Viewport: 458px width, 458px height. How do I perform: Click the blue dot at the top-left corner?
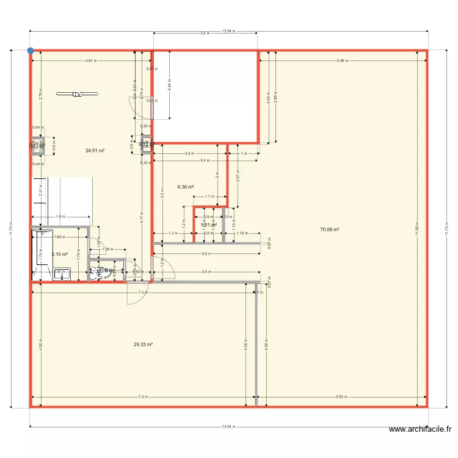pos(30,51)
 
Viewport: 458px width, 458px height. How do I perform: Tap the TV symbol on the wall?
pos(77,94)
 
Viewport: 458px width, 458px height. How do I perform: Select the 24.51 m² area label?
pos(95,150)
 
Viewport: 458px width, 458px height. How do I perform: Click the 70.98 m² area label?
pos(329,230)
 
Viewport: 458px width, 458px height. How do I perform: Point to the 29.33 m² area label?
pos(143,344)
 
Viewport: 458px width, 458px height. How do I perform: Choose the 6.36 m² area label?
pos(186,187)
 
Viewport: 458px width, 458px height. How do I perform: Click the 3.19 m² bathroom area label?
pos(59,254)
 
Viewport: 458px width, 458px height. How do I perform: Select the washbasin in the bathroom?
pos(62,275)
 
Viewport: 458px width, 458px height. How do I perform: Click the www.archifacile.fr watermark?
pos(421,429)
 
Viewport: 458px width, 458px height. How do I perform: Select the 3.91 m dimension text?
pos(91,61)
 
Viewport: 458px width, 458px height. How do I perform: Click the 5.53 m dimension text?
pos(343,398)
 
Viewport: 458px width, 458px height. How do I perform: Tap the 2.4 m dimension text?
pos(188,153)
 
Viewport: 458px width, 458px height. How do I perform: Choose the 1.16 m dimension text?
pos(241,233)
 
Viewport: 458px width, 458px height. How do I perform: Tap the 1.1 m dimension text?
pos(209,197)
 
